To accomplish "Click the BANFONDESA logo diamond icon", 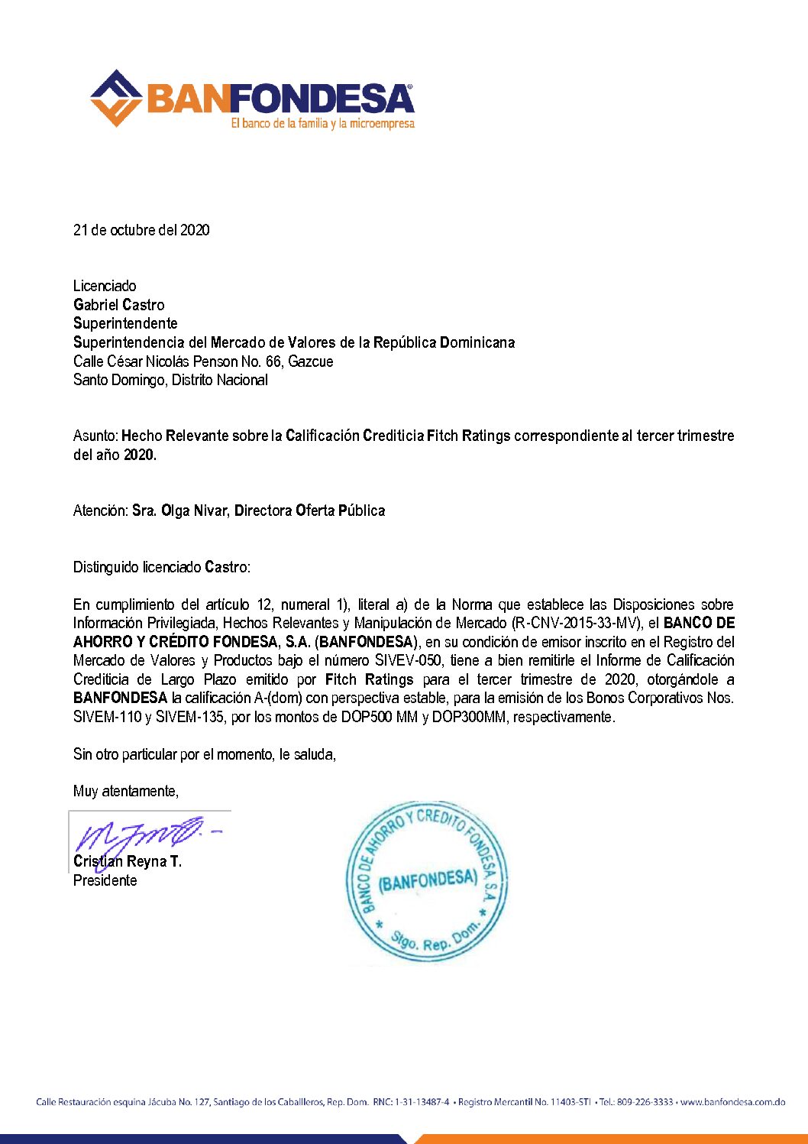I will [116, 99].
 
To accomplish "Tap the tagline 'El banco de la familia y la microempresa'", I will [322, 123].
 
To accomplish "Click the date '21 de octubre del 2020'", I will [141, 230].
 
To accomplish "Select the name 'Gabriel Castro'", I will [118, 305].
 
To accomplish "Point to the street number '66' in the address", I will [273, 361].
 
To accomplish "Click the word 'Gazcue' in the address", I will [311, 361].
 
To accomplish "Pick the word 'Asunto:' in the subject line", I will [95, 436].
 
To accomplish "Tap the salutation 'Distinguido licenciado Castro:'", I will [161, 567].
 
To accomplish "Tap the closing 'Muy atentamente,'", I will [126, 792].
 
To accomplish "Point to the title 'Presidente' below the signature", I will [105, 880].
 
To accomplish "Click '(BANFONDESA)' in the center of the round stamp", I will [428, 881].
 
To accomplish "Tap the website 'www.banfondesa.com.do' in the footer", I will [732, 1102].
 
